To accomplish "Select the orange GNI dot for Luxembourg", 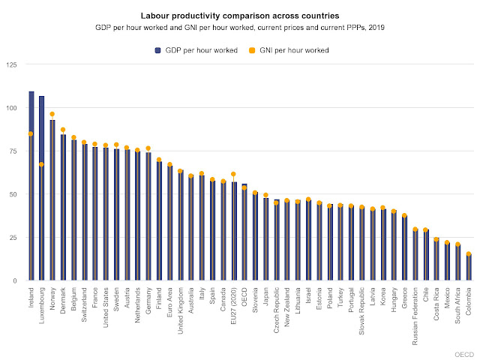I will coord(42,164).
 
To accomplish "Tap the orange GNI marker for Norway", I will coord(52,114).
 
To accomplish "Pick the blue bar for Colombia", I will coord(469,268).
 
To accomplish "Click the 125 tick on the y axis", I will coord(11,66).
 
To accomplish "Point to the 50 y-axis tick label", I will coord(13,194).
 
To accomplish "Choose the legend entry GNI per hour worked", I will coord(289,50).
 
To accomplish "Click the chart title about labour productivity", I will coord(240,15).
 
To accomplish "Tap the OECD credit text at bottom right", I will coord(464,353).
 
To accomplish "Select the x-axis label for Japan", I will coord(265,295).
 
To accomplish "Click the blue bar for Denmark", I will coord(63,210).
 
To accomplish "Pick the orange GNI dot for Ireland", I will coord(31,133).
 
